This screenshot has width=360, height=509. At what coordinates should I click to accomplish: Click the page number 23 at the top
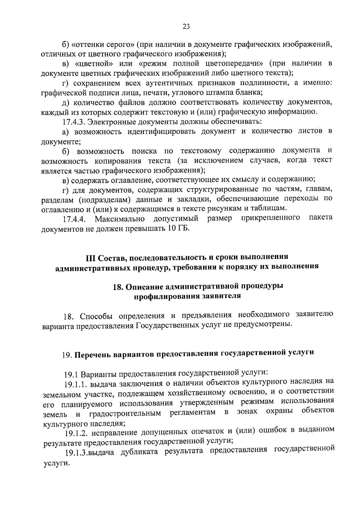tap(186, 27)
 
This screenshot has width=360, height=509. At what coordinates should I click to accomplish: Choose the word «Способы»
tap(98, 316)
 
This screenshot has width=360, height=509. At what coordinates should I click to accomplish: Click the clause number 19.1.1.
tap(76, 384)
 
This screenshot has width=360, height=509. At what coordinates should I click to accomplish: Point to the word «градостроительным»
tap(125, 414)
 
